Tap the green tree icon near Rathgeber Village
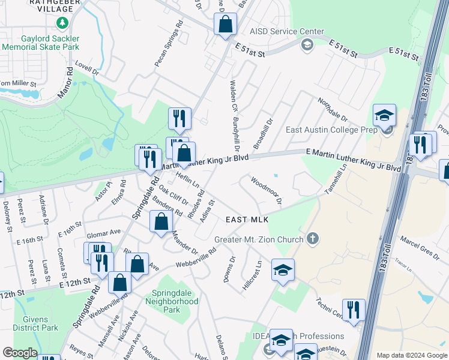61,23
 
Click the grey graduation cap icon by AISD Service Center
307,44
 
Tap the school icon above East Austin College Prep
384,115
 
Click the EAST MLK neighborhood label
247,220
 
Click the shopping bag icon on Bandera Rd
161,222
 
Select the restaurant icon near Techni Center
354,310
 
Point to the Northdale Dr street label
333,109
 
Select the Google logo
19,353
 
